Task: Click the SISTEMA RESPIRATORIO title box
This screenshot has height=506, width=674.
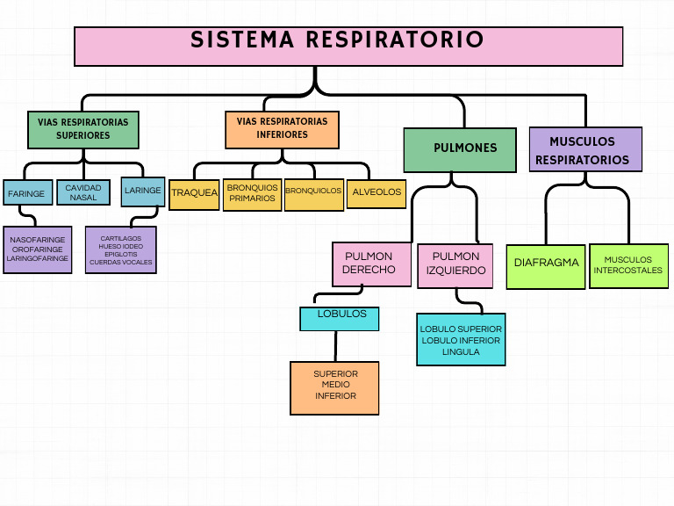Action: [348, 46]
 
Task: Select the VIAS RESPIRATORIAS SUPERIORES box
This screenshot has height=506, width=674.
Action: [83, 129]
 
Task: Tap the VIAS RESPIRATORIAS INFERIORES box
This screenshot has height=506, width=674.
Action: [282, 128]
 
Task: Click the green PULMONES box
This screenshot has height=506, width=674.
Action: [460, 148]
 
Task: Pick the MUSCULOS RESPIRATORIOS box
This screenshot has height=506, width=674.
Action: [584, 149]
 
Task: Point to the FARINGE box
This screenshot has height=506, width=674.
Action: [27, 193]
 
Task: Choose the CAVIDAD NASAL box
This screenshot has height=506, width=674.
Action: [83, 192]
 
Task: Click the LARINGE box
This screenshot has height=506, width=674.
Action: [142, 191]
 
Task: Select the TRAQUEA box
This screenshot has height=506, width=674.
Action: [194, 193]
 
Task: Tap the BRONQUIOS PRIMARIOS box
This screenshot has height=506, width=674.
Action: [252, 193]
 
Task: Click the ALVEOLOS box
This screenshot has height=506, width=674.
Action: [376, 192]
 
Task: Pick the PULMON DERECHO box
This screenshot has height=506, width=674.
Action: [371, 264]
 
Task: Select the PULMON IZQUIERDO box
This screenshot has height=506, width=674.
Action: [455, 264]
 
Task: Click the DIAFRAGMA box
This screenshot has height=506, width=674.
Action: [546, 264]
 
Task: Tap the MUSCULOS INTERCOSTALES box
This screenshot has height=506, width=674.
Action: [628, 265]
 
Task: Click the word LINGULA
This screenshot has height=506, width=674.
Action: [461, 351]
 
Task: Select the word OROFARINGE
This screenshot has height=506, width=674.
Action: [37, 249]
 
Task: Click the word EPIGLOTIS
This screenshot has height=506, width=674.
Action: [120, 254]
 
